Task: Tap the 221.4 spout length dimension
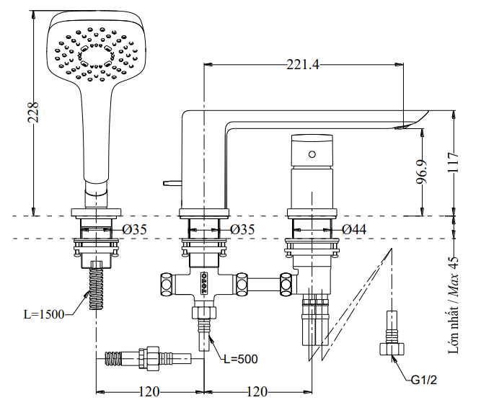click(x=302, y=65)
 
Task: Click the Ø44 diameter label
click(x=354, y=229)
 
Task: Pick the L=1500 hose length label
click(x=43, y=314)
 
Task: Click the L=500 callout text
click(x=240, y=357)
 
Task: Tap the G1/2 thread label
click(x=423, y=379)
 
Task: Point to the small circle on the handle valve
click(x=312, y=154)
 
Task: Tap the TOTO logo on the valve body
click(x=203, y=277)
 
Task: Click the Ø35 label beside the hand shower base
click(x=134, y=229)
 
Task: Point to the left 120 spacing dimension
click(x=149, y=391)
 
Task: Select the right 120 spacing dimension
click(x=257, y=391)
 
